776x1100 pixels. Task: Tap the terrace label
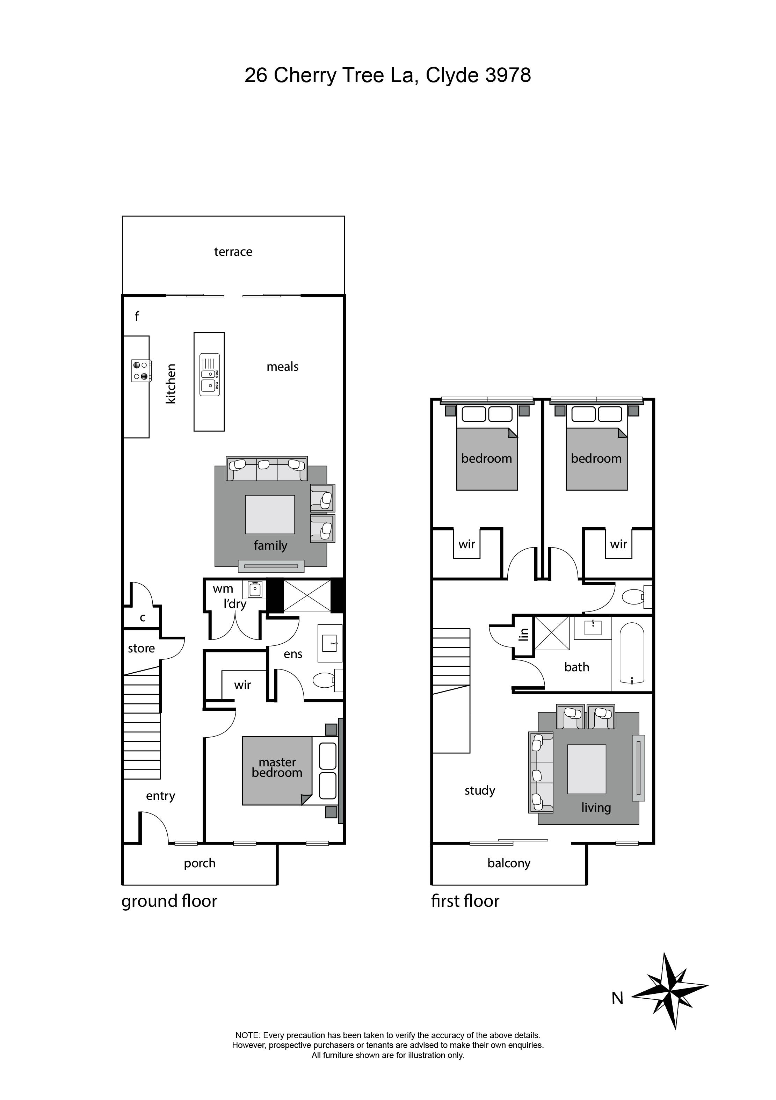[x=233, y=252]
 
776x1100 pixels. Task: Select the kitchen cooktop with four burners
[x=141, y=370]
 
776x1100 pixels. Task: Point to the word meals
[x=282, y=367]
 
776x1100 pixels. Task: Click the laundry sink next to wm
[x=255, y=589]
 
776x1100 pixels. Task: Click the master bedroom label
[x=277, y=767]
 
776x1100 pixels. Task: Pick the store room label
[x=141, y=648]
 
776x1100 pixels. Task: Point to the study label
[x=479, y=790]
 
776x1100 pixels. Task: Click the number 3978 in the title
[x=508, y=75]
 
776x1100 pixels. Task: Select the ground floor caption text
[x=169, y=901]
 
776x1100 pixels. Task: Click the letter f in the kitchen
[x=137, y=316]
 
